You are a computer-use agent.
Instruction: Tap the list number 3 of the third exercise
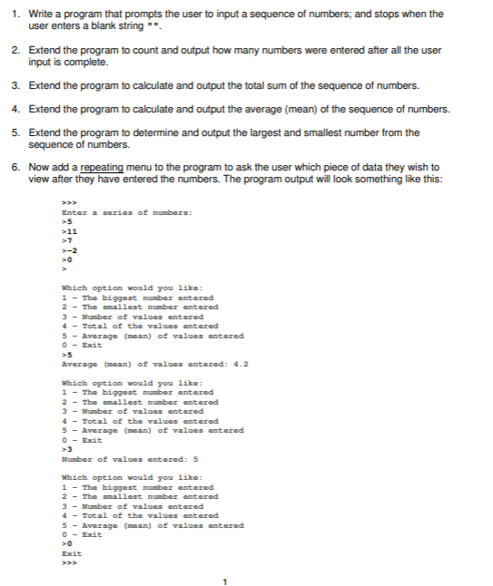click(x=15, y=85)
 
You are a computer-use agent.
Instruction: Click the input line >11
click(x=65, y=231)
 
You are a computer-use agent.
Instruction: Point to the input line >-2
click(x=65, y=249)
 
